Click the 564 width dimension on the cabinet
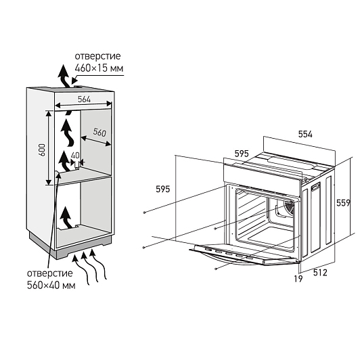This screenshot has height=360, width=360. point(84,99)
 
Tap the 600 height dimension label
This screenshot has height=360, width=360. point(42,150)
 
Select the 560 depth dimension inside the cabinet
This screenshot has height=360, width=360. point(99,132)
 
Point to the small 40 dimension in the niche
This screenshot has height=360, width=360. point(75,156)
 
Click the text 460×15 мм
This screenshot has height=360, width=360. point(99,68)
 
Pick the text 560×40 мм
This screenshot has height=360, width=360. point(51,286)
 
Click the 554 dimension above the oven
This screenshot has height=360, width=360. point(305,134)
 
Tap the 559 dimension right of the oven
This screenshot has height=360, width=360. point(343,203)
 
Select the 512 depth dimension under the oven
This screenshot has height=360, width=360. point(320,273)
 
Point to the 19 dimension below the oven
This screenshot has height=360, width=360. point(298,279)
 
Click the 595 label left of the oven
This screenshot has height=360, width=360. point(163,189)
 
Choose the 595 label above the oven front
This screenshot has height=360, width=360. point(242,154)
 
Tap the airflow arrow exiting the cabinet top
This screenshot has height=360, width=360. point(64,77)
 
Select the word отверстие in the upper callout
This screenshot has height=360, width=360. point(97,56)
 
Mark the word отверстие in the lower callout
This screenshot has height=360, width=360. point(50,273)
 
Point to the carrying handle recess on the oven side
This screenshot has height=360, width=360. point(315,187)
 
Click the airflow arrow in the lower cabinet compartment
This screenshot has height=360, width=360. point(66,218)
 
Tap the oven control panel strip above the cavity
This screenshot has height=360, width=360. point(262,174)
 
